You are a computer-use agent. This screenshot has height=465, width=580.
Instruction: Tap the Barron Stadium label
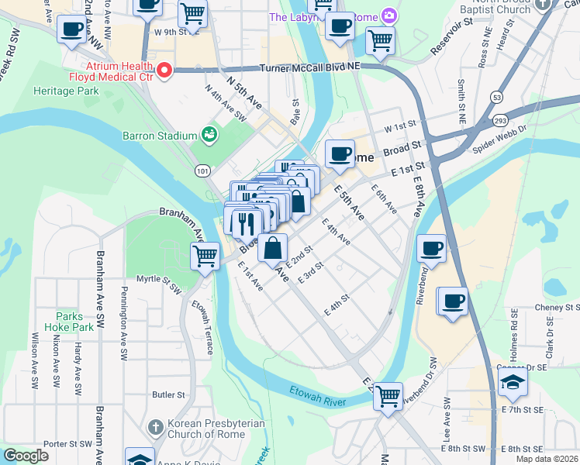(x=161, y=136)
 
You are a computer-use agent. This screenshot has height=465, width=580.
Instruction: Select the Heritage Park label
(x=66, y=91)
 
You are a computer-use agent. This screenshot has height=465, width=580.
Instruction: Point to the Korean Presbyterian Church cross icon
(x=155, y=427)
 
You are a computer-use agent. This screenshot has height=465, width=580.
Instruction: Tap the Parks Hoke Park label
(x=74, y=322)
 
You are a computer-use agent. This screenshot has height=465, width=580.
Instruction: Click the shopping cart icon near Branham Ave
(x=205, y=255)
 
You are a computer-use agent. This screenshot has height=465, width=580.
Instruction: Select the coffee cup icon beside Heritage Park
(x=72, y=31)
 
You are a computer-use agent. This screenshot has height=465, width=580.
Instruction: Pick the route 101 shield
(x=202, y=170)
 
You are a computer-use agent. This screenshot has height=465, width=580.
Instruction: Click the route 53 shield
(x=495, y=96)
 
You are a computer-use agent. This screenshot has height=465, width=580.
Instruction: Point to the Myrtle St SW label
(x=158, y=279)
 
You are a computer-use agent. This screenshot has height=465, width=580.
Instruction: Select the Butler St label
(x=168, y=394)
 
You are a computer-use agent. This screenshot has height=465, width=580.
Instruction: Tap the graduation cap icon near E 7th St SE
(x=513, y=381)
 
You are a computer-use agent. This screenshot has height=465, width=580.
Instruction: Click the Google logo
(x=26, y=456)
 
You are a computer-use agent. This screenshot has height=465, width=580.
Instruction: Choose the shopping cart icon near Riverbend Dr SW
(x=388, y=396)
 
